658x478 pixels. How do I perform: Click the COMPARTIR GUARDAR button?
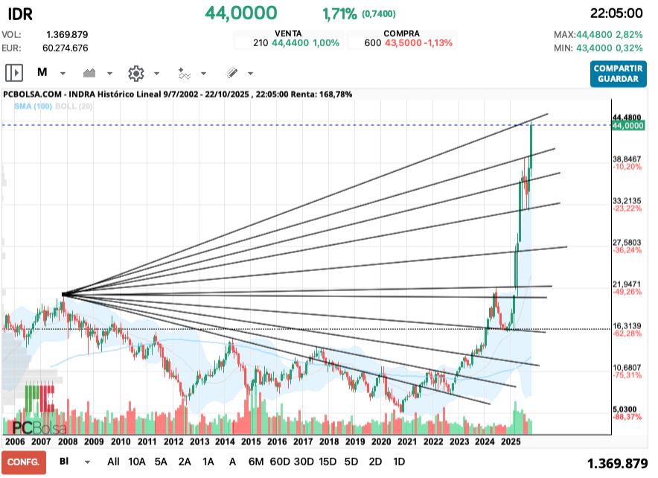click(x=619, y=73)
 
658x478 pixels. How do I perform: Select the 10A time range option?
click(x=137, y=462)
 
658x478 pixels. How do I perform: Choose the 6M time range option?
click(x=255, y=462)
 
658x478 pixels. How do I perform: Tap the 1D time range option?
click(x=399, y=462)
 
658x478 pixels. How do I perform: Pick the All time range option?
click(x=113, y=462)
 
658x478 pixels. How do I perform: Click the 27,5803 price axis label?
click(x=626, y=243)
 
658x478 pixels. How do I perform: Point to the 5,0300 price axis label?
click(x=626, y=410)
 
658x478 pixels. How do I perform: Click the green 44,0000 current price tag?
click(x=627, y=127)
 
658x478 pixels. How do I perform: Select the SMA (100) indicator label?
click(x=33, y=106)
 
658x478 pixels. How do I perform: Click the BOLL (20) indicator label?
click(x=74, y=106)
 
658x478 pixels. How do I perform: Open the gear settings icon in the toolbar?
click(x=135, y=73)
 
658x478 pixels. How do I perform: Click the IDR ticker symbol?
click(x=20, y=13)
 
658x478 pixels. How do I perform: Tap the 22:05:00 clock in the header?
click(x=615, y=13)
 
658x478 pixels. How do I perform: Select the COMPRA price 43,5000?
click(x=404, y=43)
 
